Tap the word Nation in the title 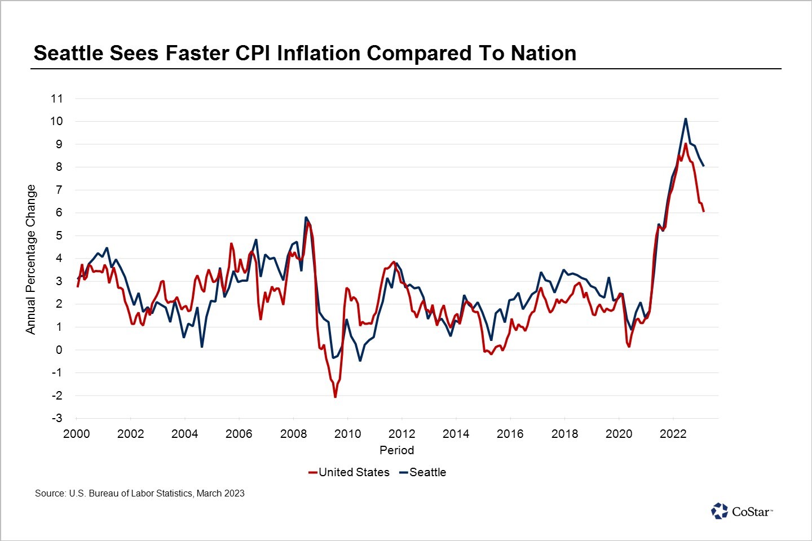(544, 53)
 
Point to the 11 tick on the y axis (56, 99)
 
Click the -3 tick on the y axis (56, 418)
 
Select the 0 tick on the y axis (59, 350)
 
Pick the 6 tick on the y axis (59, 213)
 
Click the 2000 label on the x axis (76, 434)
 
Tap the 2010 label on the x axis (347, 434)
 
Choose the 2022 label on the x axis (673, 434)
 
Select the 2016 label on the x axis (510, 434)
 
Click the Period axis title (396, 450)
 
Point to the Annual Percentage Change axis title (30, 259)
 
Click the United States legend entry (354, 472)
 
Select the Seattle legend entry (427, 472)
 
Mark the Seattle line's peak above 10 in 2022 (685, 119)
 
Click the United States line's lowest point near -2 (335, 397)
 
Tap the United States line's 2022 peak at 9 (685, 144)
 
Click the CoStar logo (742, 511)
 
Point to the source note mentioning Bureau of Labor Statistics (140, 494)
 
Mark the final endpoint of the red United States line (704, 211)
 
